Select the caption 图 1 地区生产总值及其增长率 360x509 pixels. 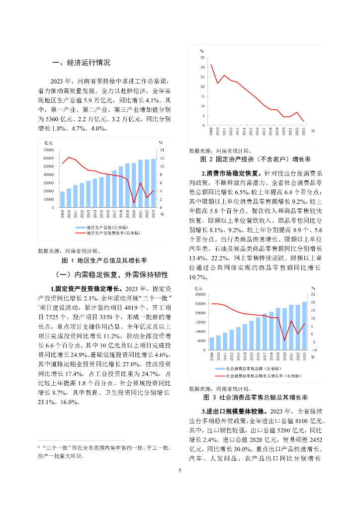104,260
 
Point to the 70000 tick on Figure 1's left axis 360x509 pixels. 48,150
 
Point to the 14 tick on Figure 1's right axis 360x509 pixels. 161,150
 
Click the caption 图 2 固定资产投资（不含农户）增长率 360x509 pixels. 255,159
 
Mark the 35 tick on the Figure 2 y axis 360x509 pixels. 202,58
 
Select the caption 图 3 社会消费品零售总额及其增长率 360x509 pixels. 255,398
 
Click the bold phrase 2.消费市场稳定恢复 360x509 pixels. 229,173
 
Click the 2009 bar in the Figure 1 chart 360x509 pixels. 62,199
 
